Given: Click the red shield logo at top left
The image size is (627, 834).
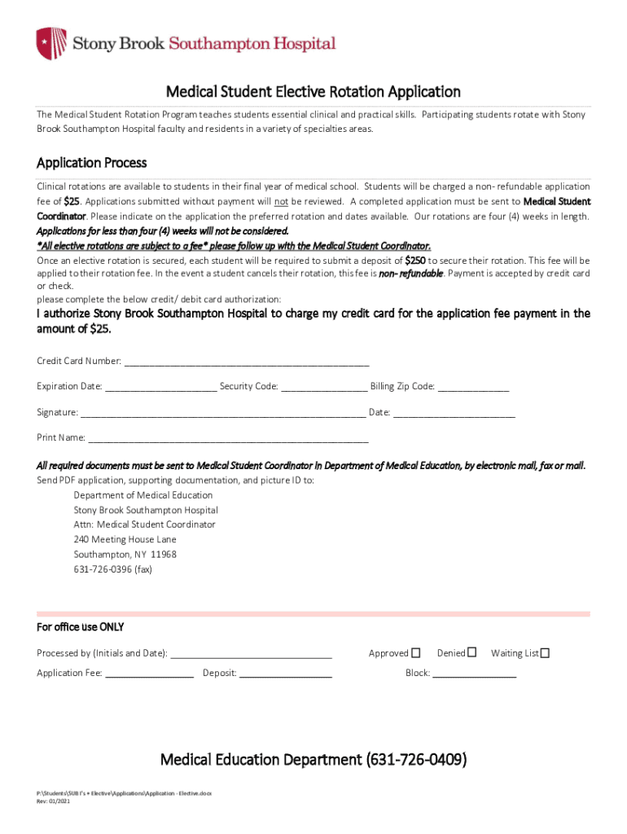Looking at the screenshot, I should click(x=50, y=43).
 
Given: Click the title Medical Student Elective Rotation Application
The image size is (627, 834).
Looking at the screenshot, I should click(x=313, y=92).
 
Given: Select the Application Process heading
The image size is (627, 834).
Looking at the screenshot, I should click(x=92, y=163).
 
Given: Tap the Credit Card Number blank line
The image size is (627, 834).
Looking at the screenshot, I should click(x=246, y=362).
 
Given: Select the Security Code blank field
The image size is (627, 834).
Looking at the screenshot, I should click(x=324, y=387).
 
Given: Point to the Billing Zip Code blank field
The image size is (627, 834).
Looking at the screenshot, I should click(x=473, y=387).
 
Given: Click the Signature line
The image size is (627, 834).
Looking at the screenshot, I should click(x=223, y=413).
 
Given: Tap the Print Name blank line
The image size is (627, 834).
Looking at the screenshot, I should click(x=228, y=438).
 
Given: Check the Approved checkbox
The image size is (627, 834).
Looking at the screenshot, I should click(x=416, y=652).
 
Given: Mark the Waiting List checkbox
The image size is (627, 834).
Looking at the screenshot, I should click(x=546, y=652).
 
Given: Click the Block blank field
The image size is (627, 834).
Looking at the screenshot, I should click(x=474, y=674).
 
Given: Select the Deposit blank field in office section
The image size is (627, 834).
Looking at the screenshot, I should click(x=286, y=674).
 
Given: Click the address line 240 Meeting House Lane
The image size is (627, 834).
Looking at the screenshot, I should click(x=125, y=539).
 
